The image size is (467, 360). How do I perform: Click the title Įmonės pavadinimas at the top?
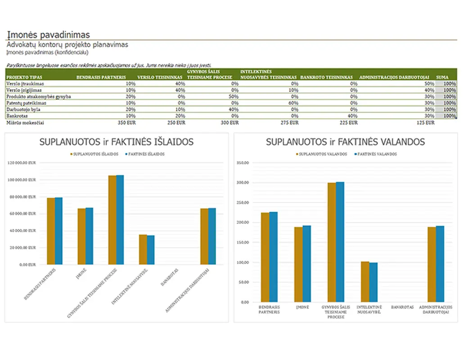pyautogui.click(x=48, y=35)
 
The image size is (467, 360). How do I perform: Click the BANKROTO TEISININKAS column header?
pyautogui.click(x=326, y=77)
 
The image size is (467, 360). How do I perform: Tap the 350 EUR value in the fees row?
pyautogui.click(x=126, y=122)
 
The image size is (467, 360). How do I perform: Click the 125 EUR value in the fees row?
pyautogui.click(x=426, y=122)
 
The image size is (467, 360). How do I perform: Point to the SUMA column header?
pyautogui.click(x=442, y=77)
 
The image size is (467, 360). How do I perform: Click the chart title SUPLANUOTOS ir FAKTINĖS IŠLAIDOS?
pyautogui.click(x=117, y=142)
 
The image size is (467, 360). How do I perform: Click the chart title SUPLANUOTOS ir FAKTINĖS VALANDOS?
pyautogui.click(x=345, y=142)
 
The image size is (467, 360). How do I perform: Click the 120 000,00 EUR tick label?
pyautogui.click(x=22, y=163)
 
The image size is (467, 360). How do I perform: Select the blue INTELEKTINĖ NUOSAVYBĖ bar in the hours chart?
pyautogui.click(x=373, y=282)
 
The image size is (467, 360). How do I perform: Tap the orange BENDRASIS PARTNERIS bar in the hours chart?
pyautogui.click(x=265, y=257)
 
